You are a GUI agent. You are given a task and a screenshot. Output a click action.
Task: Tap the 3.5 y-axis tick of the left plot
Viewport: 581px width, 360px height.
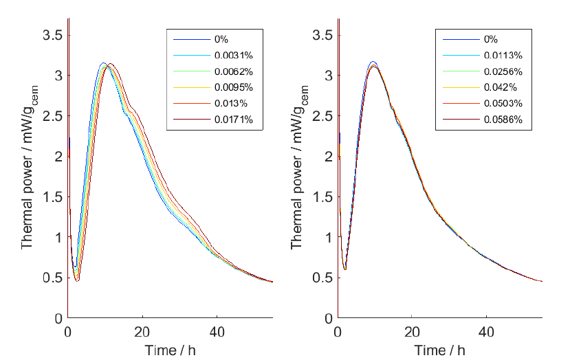[52, 34]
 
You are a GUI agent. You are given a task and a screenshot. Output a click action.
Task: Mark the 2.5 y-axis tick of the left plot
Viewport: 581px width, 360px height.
[52, 115]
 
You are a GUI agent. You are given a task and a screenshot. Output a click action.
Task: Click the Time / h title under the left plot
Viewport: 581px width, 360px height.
[170, 350]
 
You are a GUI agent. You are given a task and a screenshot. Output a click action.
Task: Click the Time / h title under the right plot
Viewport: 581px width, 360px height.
[439, 350]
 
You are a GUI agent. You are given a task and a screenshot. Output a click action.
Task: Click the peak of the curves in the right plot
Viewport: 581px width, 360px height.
[373, 65]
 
